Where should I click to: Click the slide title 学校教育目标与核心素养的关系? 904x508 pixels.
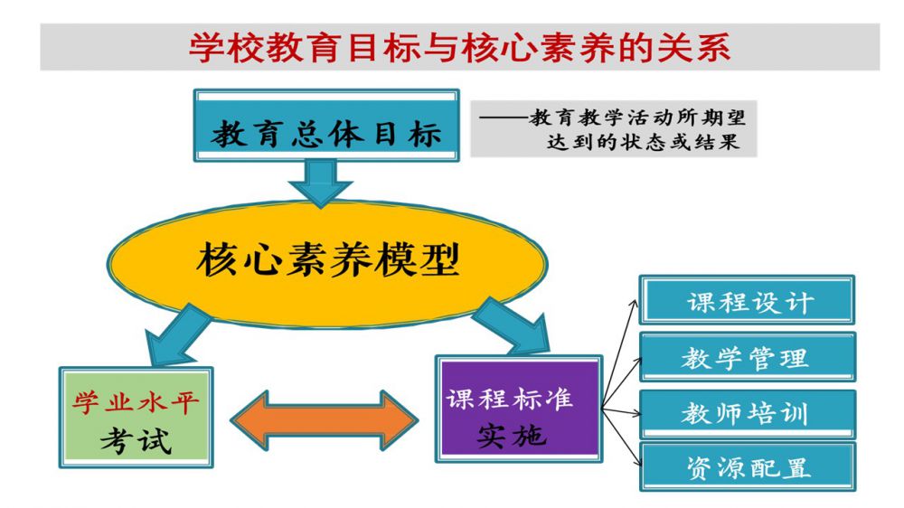[x=458, y=47]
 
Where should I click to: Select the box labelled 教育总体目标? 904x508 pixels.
[x=326, y=132]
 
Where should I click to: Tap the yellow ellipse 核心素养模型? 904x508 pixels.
[x=327, y=261]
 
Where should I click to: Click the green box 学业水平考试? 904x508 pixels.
[x=136, y=417]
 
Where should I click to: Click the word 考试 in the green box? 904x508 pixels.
[x=136, y=440]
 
